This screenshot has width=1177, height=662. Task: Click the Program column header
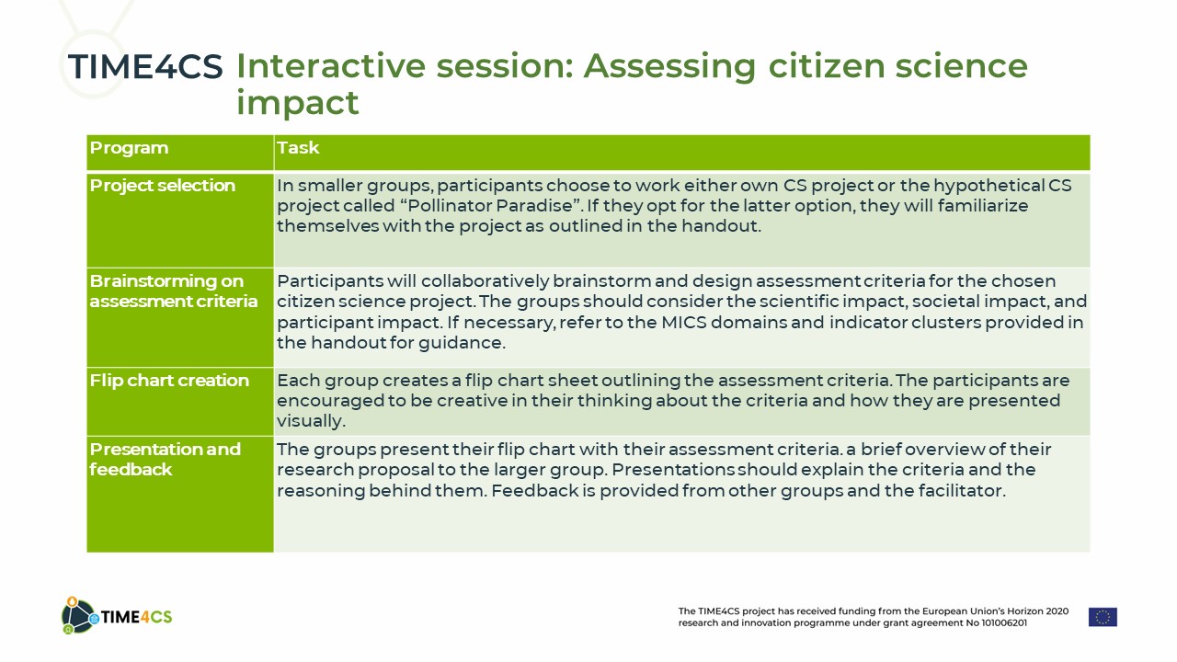pos(129,148)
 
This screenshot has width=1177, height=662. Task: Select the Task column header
pos(298,148)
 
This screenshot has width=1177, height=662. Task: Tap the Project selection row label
pos(163,186)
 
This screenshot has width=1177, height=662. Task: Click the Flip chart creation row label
pos(169,381)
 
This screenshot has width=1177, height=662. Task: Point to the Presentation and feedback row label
pos(165,459)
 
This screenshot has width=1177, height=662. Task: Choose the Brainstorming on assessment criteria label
pos(174,291)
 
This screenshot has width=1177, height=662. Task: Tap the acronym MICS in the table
pos(683,322)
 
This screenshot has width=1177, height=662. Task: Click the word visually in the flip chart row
pos(311,421)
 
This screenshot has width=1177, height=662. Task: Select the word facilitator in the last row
pos(962,491)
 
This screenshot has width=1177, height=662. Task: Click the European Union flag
pos(1103,617)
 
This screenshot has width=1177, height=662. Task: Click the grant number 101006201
pos(1003,623)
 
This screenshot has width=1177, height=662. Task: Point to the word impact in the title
pos(297,102)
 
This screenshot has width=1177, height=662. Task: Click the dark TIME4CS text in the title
pos(145,67)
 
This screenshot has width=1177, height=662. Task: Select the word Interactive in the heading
pos(330,66)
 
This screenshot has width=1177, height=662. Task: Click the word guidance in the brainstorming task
pos(462,344)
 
